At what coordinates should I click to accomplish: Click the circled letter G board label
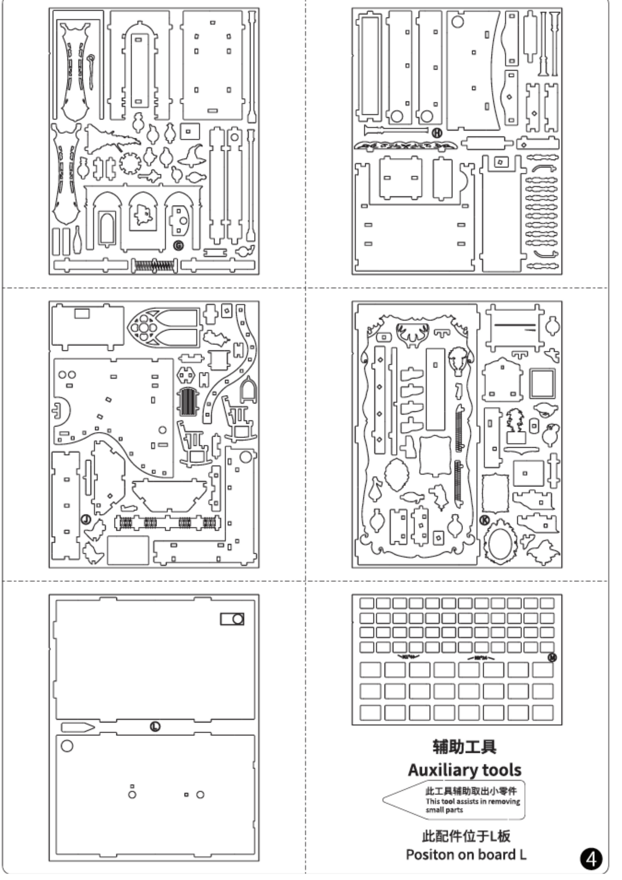[178, 246]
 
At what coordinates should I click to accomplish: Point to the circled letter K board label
[485, 520]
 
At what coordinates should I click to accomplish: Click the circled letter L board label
[155, 726]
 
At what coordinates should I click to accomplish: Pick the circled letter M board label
[553, 657]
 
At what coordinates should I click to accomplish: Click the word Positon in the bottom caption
[430, 855]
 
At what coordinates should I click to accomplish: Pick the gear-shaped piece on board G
[130, 163]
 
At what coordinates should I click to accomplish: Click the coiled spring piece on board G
[154, 265]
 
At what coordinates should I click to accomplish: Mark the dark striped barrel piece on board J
[187, 402]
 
